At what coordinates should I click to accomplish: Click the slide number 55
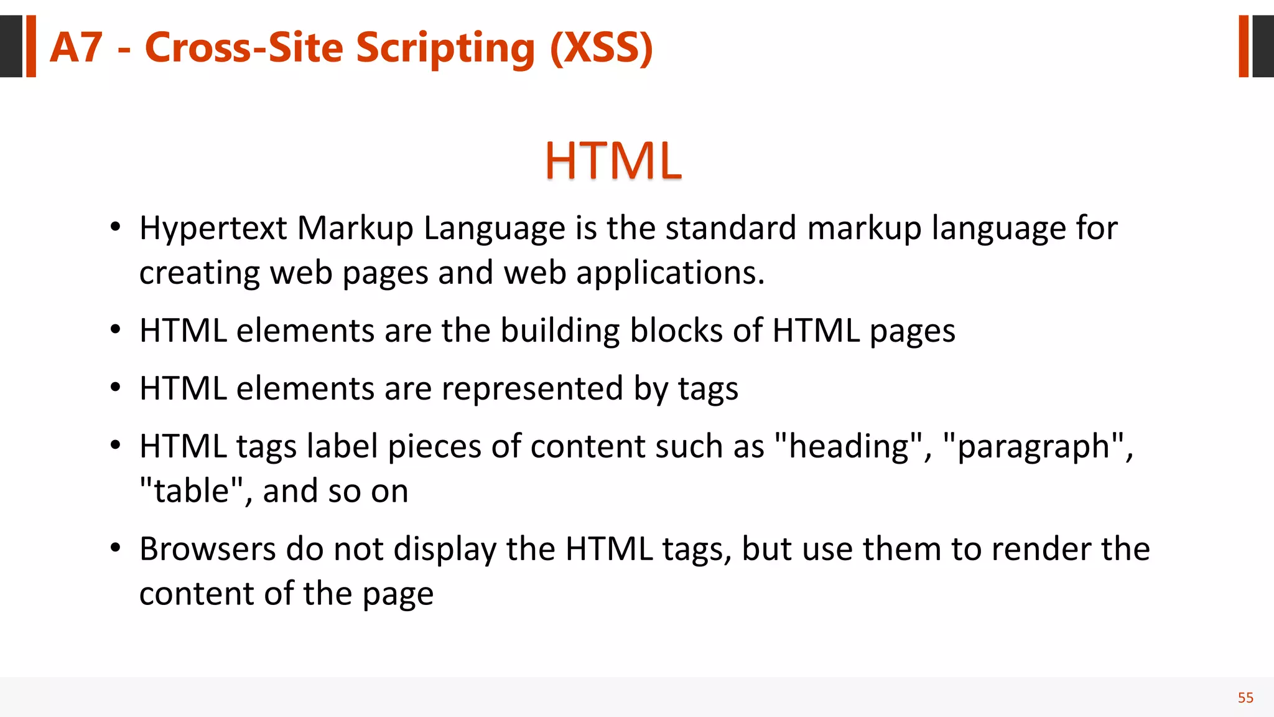pos(1245,698)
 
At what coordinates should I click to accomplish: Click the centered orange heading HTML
pos(613,161)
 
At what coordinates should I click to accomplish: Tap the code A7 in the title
pos(76,47)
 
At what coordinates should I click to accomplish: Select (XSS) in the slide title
pos(602,49)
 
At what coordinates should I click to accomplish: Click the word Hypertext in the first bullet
pos(213,228)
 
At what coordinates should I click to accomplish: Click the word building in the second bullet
pos(560,330)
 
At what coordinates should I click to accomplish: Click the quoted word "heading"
pos(849,447)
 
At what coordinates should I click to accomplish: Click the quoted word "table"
pos(191,491)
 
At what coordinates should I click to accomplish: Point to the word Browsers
pos(207,549)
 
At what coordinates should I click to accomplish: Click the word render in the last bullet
pos(1041,549)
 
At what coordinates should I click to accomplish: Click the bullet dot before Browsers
pos(115,548)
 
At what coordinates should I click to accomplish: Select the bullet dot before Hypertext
pos(115,227)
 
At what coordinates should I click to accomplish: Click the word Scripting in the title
pos(445,49)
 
